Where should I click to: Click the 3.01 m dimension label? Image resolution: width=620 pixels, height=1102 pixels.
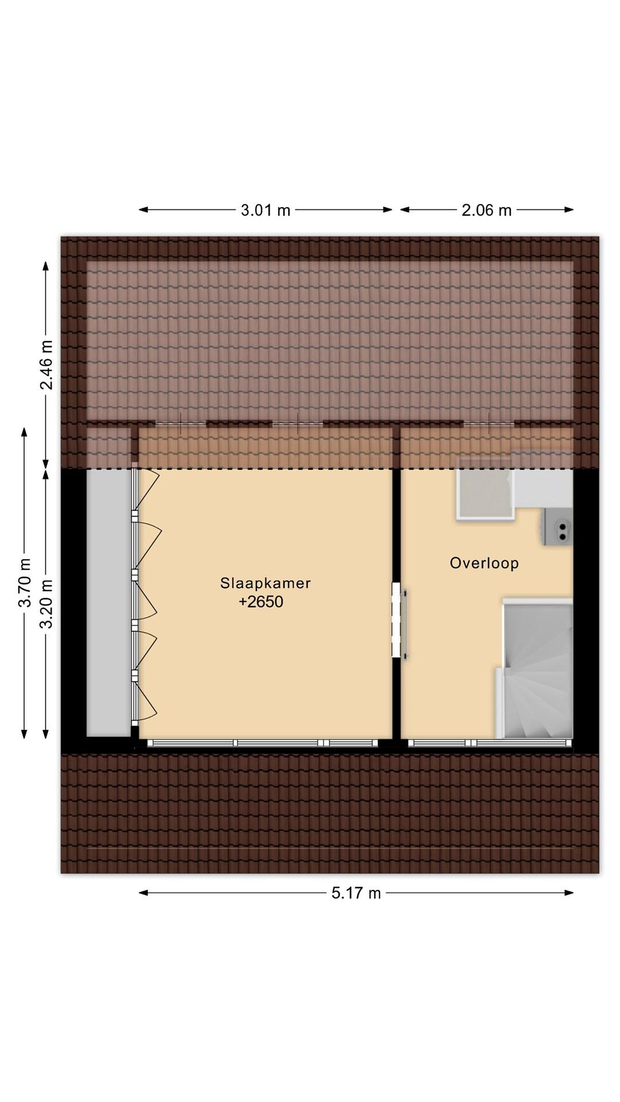[x=265, y=210]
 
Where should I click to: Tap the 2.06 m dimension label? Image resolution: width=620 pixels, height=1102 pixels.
[x=486, y=210]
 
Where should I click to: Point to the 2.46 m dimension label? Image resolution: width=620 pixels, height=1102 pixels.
[x=46, y=365]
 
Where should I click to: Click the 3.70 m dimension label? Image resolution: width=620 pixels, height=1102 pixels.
[x=25, y=583]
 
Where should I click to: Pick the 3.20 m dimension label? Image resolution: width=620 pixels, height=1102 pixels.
[x=46, y=604]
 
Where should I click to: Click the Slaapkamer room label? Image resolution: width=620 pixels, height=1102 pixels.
[x=265, y=583]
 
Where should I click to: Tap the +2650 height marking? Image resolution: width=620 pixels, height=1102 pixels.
[x=261, y=602]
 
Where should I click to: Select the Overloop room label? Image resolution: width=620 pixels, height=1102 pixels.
[x=484, y=562]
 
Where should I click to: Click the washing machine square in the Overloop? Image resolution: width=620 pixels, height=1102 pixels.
[x=486, y=489]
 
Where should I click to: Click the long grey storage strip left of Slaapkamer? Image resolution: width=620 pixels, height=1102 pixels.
[x=108, y=603]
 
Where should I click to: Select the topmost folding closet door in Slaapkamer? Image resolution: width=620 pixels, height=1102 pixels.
[x=145, y=490]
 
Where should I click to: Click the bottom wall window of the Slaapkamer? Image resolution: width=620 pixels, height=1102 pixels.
[x=262, y=743]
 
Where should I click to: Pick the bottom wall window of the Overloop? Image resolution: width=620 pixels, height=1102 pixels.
[x=490, y=743]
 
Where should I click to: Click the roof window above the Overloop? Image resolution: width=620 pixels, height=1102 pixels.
[x=489, y=424]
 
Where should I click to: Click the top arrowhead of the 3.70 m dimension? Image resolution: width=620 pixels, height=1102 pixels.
[x=24, y=432]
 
